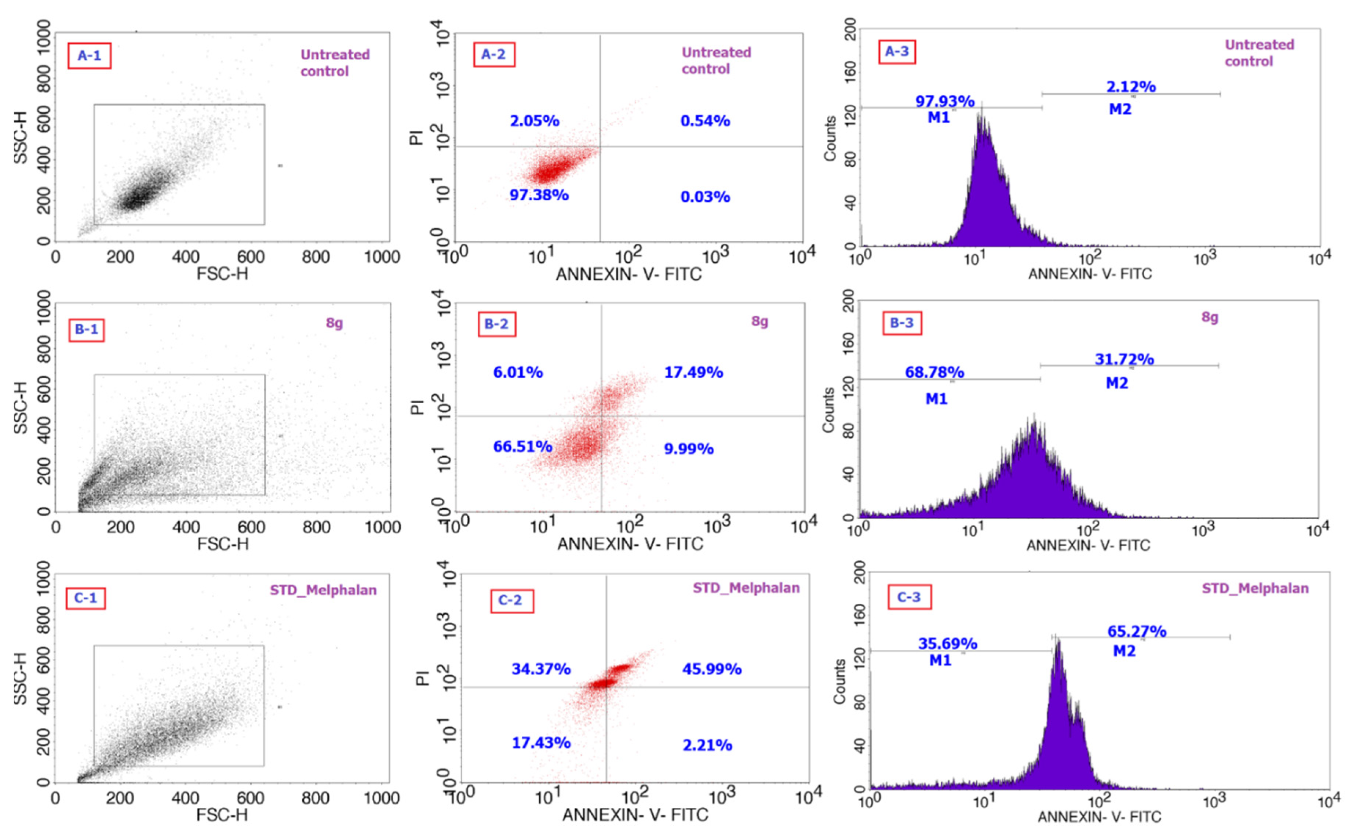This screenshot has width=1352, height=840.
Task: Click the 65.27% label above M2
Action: tap(1137, 632)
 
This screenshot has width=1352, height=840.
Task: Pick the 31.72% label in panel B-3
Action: tap(1124, 359)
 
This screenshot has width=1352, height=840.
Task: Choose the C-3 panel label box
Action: tap(909, 597)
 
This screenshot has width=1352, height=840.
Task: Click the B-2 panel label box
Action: tap(496, 324)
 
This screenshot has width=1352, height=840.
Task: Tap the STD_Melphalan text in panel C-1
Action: tap(323, 590)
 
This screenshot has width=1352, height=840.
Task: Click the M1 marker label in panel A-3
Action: tap(938, 117)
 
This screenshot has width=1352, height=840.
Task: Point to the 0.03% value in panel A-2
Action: tap(705, 197)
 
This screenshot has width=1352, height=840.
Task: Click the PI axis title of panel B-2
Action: tap(416, 407)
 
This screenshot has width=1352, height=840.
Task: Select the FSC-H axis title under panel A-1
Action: tap(222, 274)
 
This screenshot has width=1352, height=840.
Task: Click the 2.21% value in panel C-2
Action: tap(707, 745)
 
